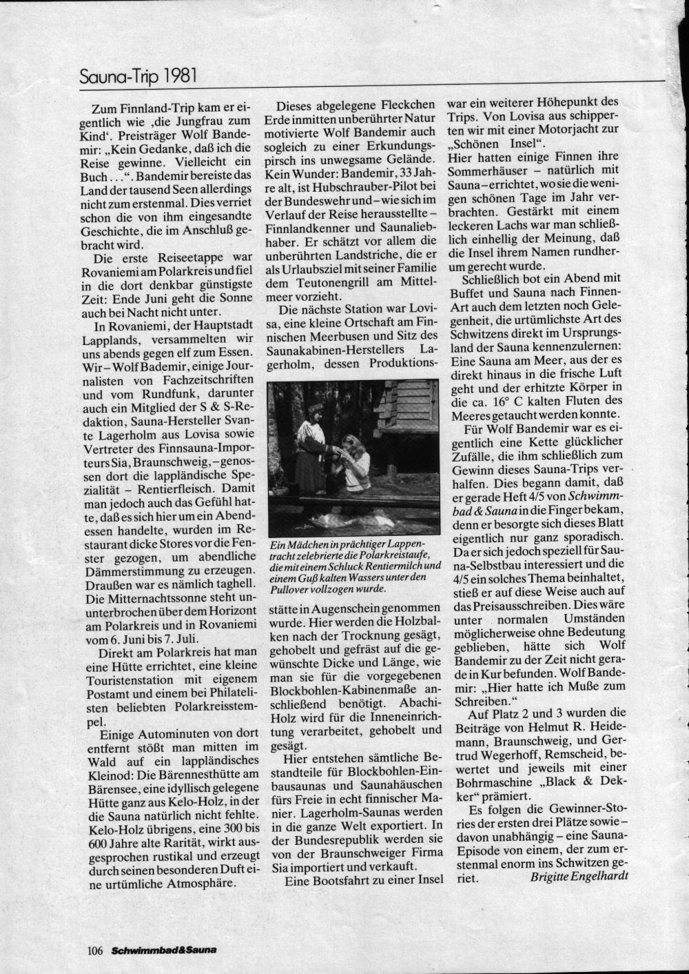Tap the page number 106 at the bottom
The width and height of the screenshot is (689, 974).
(x=95, y=951)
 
